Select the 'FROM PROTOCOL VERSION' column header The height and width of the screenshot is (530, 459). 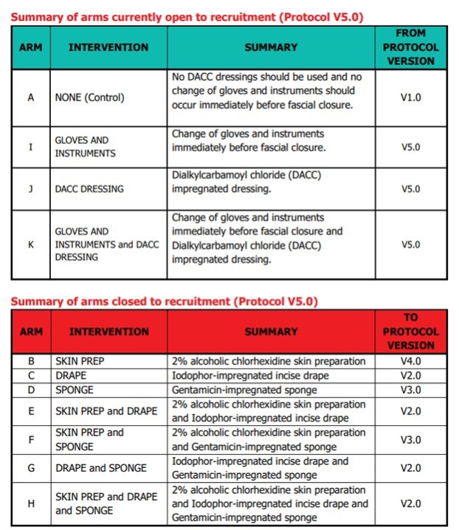pyautogui.click(x=410, y=47)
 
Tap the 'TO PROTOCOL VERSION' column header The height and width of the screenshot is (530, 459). pyautogui.click(x=410, y=332)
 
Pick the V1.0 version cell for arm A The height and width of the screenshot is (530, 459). pyautogui.click(x=410, y=97)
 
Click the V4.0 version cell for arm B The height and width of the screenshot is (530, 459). pyautogui.click(x=410, y=362)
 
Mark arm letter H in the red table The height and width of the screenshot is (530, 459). pyautogui.click(x=30, y=503)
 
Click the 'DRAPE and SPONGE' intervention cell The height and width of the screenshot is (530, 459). pyautogui.click(x=100, y=468)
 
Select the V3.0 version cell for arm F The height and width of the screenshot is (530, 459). pyautogui.click(x=410, y=439)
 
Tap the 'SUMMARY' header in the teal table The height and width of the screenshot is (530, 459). pyautogui.click(x=270, y=47)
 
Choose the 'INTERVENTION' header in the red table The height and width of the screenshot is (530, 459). pyautogui.click(x=108, y=332)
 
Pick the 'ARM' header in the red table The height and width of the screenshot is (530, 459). pyautogui.click(x=30, y=332)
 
